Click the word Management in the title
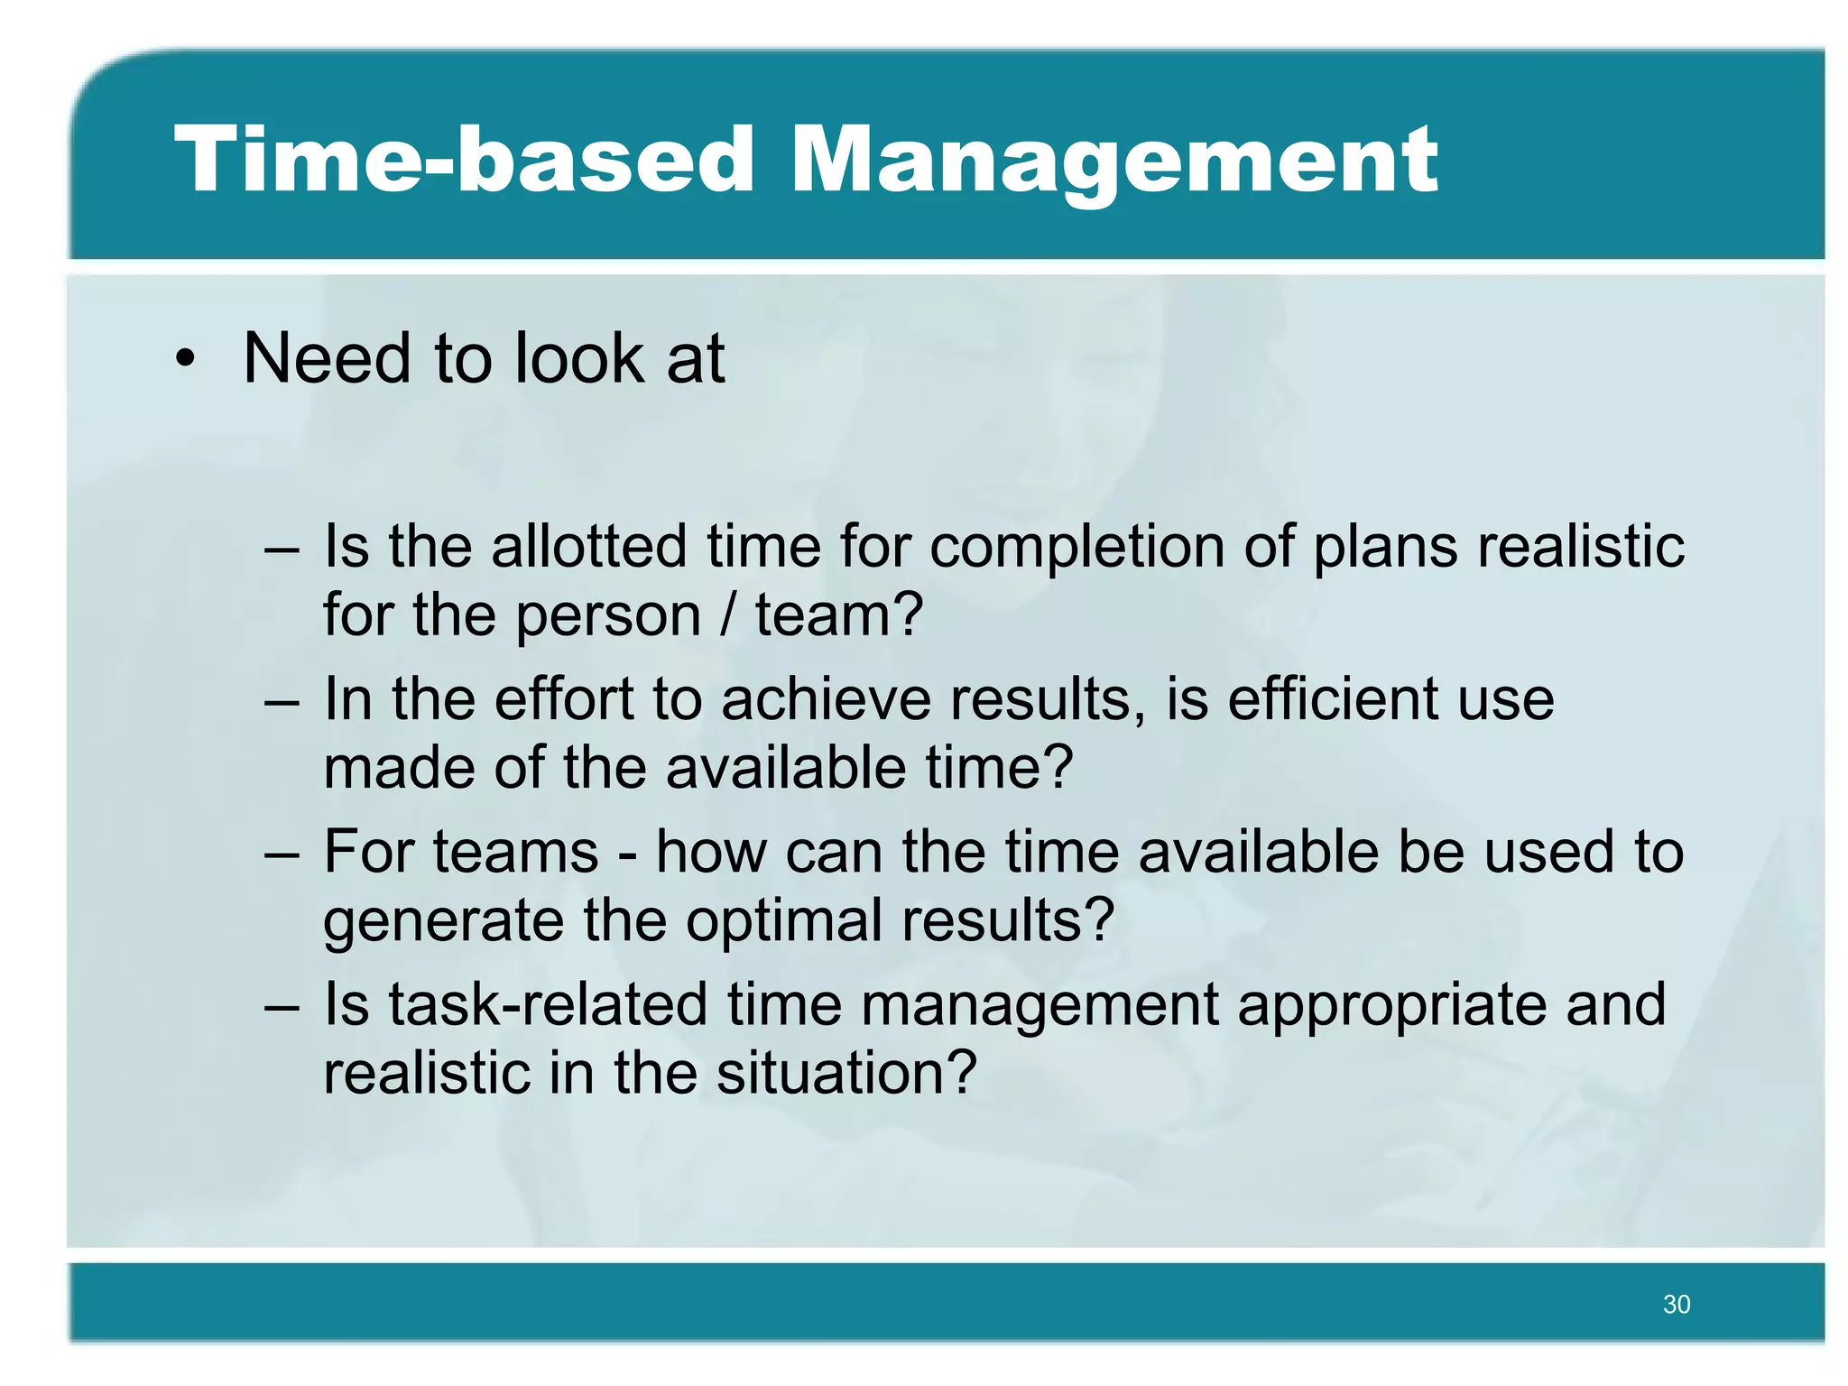click(1113, 162)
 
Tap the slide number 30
click(1677, 1304)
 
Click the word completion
click(1076, 548)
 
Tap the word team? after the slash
click(839, 615)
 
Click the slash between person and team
click(728, 615)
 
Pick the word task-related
click(548, 1004)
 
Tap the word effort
click(564, 699)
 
